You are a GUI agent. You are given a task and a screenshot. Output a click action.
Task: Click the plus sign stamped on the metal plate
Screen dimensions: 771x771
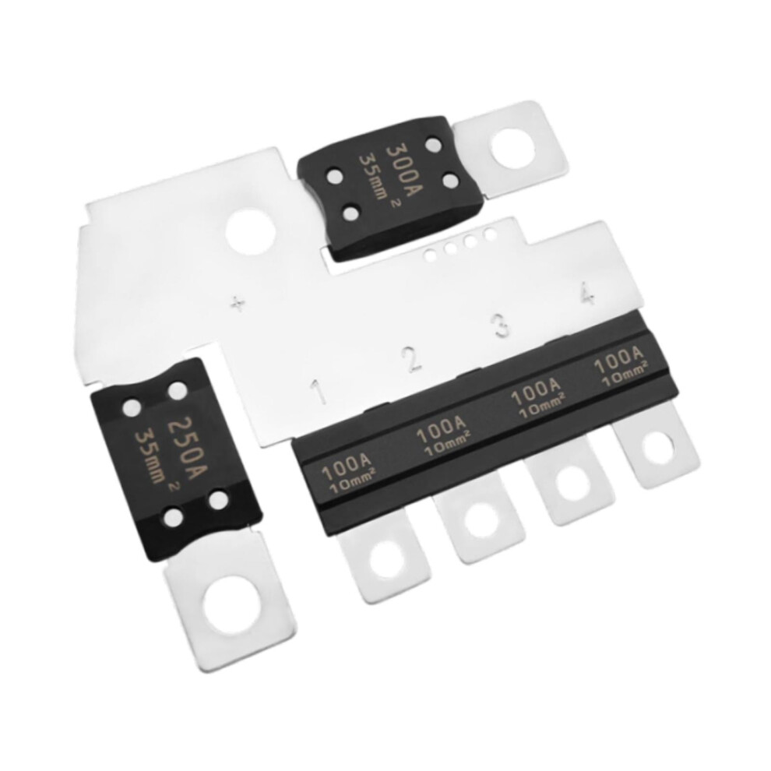point(238,305)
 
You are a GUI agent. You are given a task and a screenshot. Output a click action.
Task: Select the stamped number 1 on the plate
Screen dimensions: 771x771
point(320,390)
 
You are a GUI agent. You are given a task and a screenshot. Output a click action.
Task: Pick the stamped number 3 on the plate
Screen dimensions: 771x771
point(502,325)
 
